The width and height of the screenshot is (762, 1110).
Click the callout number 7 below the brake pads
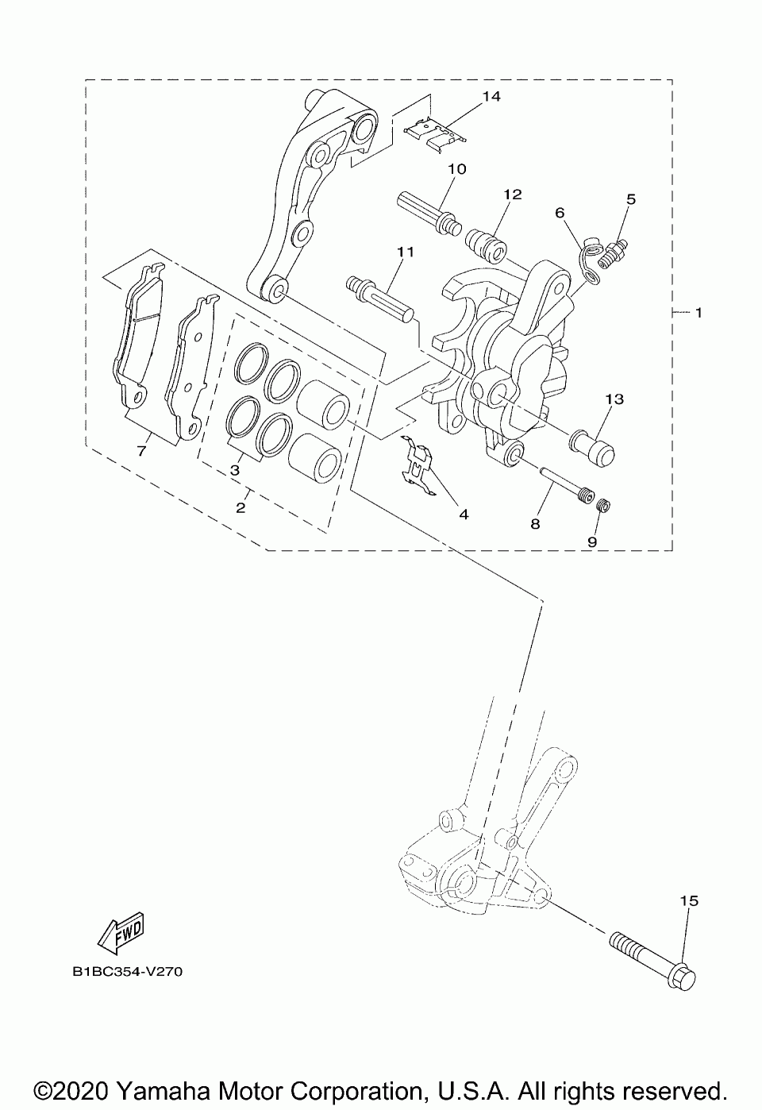pos(141,451)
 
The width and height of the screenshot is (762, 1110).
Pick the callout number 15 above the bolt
pos(689,900)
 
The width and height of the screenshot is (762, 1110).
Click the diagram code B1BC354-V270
pos(127,971)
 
